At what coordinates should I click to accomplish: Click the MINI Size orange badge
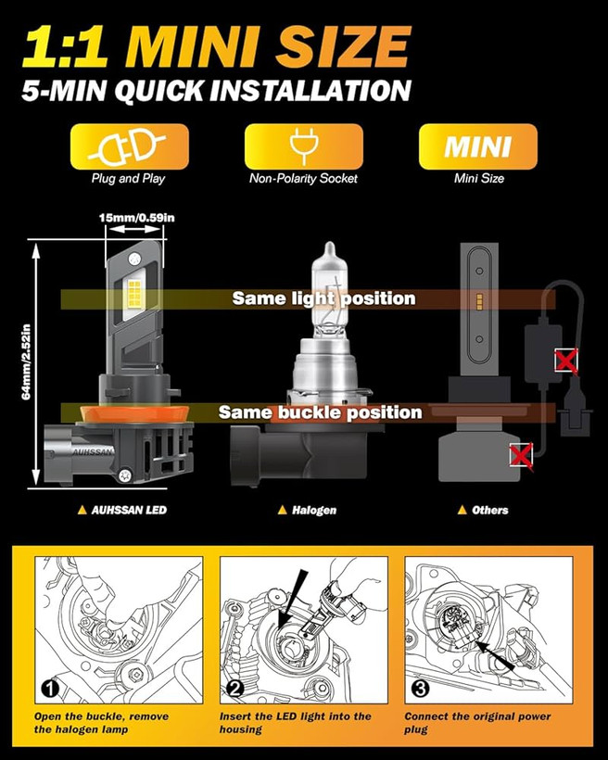click(478, 146)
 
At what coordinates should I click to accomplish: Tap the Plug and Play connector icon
click(127, 146)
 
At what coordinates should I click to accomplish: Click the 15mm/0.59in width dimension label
click(136, 218)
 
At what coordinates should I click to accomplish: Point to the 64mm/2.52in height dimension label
click(26, 361)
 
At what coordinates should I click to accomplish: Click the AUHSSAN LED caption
click(122, 510)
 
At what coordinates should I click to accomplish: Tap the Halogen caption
click(308, 510)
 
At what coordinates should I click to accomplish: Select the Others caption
click(484, 510)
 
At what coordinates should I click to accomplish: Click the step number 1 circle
click(50, 689)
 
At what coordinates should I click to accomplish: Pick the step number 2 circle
click(235, 689)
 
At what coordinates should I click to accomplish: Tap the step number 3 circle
click(420, 689)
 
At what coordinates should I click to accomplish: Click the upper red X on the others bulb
click(566, 361)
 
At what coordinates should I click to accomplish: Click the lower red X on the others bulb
click(521, 456)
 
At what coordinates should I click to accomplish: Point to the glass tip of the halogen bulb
click(330, 248)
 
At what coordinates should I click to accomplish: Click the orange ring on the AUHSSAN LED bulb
click(134, 414)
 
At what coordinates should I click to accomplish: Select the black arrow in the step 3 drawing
click(495, 655)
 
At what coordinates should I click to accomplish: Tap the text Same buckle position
click(320, 412)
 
